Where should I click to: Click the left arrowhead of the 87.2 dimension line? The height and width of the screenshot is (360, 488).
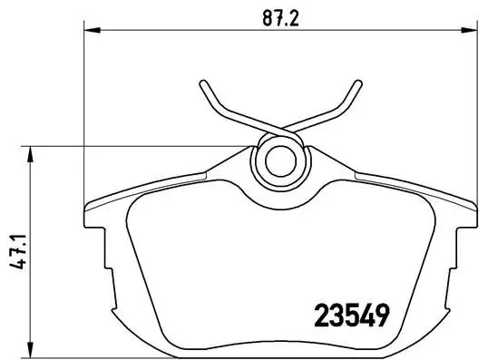pyautogui.click(x=90, y=31)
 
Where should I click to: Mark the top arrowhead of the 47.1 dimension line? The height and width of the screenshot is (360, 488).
pyautogui.click(x=33, y=152)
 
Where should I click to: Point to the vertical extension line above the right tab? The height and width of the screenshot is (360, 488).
pyautogui.click(x=473, y=118)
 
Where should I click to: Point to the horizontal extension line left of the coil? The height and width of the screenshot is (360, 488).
pyautogui.click(x=136, y=146)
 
